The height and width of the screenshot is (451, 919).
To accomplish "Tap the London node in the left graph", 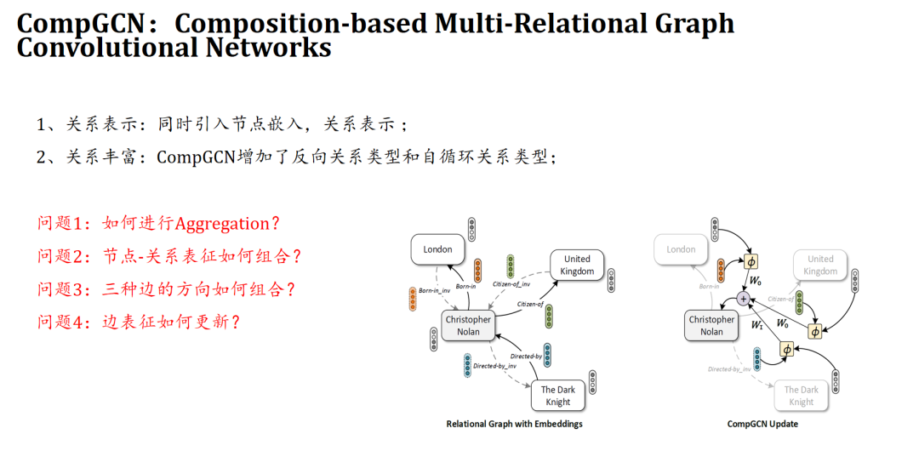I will [x=438, y=249].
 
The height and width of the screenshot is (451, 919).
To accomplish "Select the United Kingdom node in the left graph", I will [x=576, y=265].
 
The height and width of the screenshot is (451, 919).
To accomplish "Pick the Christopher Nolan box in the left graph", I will [x=468, y=326].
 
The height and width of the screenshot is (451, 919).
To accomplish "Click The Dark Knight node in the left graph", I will [x=558, y=396].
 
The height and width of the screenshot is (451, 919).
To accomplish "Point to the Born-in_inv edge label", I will [x=434, y=291].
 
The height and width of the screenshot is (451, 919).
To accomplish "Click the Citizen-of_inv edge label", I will [x=511, y=284].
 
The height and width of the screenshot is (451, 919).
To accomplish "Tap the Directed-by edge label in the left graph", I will [x=526, y=356].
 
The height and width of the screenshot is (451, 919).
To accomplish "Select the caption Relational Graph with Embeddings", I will [x=514, y=424].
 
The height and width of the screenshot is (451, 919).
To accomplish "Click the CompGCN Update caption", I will [x=762, y=424].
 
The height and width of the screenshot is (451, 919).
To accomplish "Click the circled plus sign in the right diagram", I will [x=745, y=299].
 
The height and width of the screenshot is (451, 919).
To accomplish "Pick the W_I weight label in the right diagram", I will [x=756, y=325].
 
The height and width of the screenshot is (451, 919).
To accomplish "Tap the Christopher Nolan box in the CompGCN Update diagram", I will [x=711, y=326].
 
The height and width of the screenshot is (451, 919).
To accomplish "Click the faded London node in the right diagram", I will [x=681, y=249].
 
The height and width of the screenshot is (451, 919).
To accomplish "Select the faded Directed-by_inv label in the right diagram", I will [x=730, y=368].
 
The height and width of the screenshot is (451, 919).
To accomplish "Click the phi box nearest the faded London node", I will [x=751, y=260].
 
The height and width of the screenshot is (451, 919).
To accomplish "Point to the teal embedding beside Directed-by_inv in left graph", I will [x=467, y=365].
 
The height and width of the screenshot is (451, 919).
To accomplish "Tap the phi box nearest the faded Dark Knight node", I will [x=786, y=349].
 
